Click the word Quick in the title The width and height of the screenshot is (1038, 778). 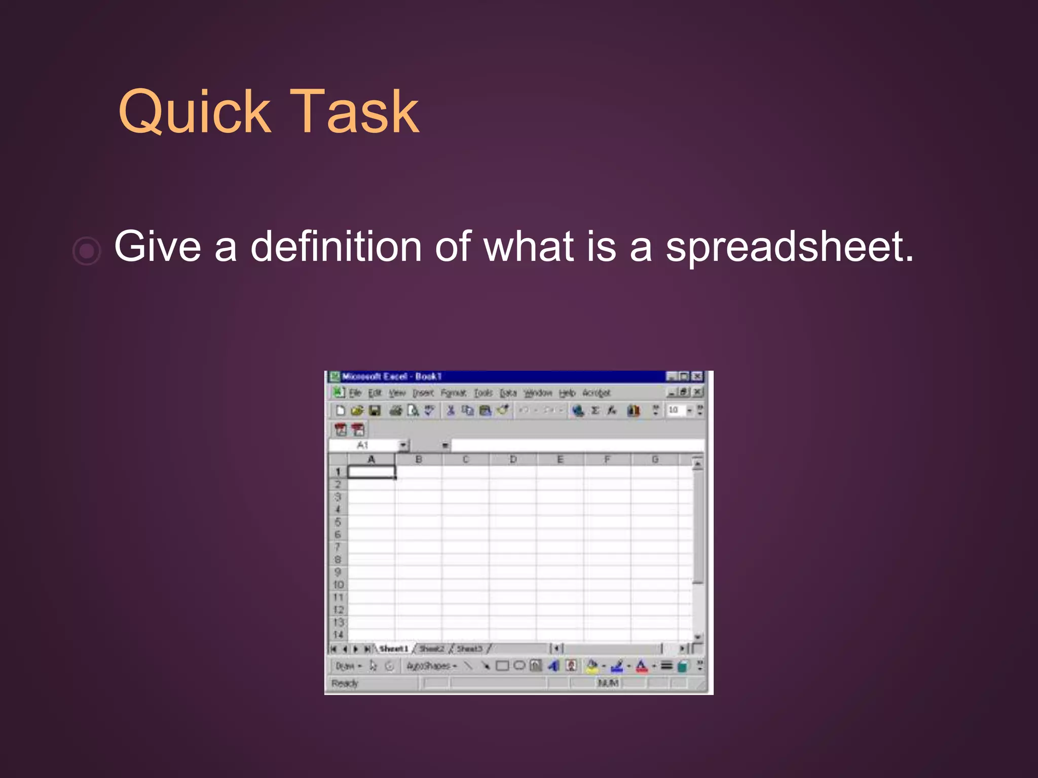[x=195, y=112]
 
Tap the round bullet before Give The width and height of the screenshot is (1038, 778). [x=87, y=250]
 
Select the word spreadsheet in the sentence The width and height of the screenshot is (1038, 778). [x=789, y=247]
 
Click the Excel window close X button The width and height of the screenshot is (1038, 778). [x=698, y=376]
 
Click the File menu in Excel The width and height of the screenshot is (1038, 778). [x=355, y=393]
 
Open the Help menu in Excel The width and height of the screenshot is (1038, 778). [x=567, y=393]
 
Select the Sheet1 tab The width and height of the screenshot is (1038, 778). [x=393, y=649]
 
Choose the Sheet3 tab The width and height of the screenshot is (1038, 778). [x=469, y=649]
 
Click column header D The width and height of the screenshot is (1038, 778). [x=513, y=459]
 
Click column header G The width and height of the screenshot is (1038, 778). [x=655, y=459]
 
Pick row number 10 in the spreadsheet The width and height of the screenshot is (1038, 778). [x=338, y=585]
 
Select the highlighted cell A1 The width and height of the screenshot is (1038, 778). [x=372, y=472]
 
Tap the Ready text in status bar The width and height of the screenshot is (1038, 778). [x=345, y=683]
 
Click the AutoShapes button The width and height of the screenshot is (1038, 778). [x=431, y=666]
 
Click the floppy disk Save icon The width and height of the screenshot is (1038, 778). [x=375, y=410]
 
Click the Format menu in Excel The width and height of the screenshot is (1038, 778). [x=453, y=393]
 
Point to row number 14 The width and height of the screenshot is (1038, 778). [x=338, y=635]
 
